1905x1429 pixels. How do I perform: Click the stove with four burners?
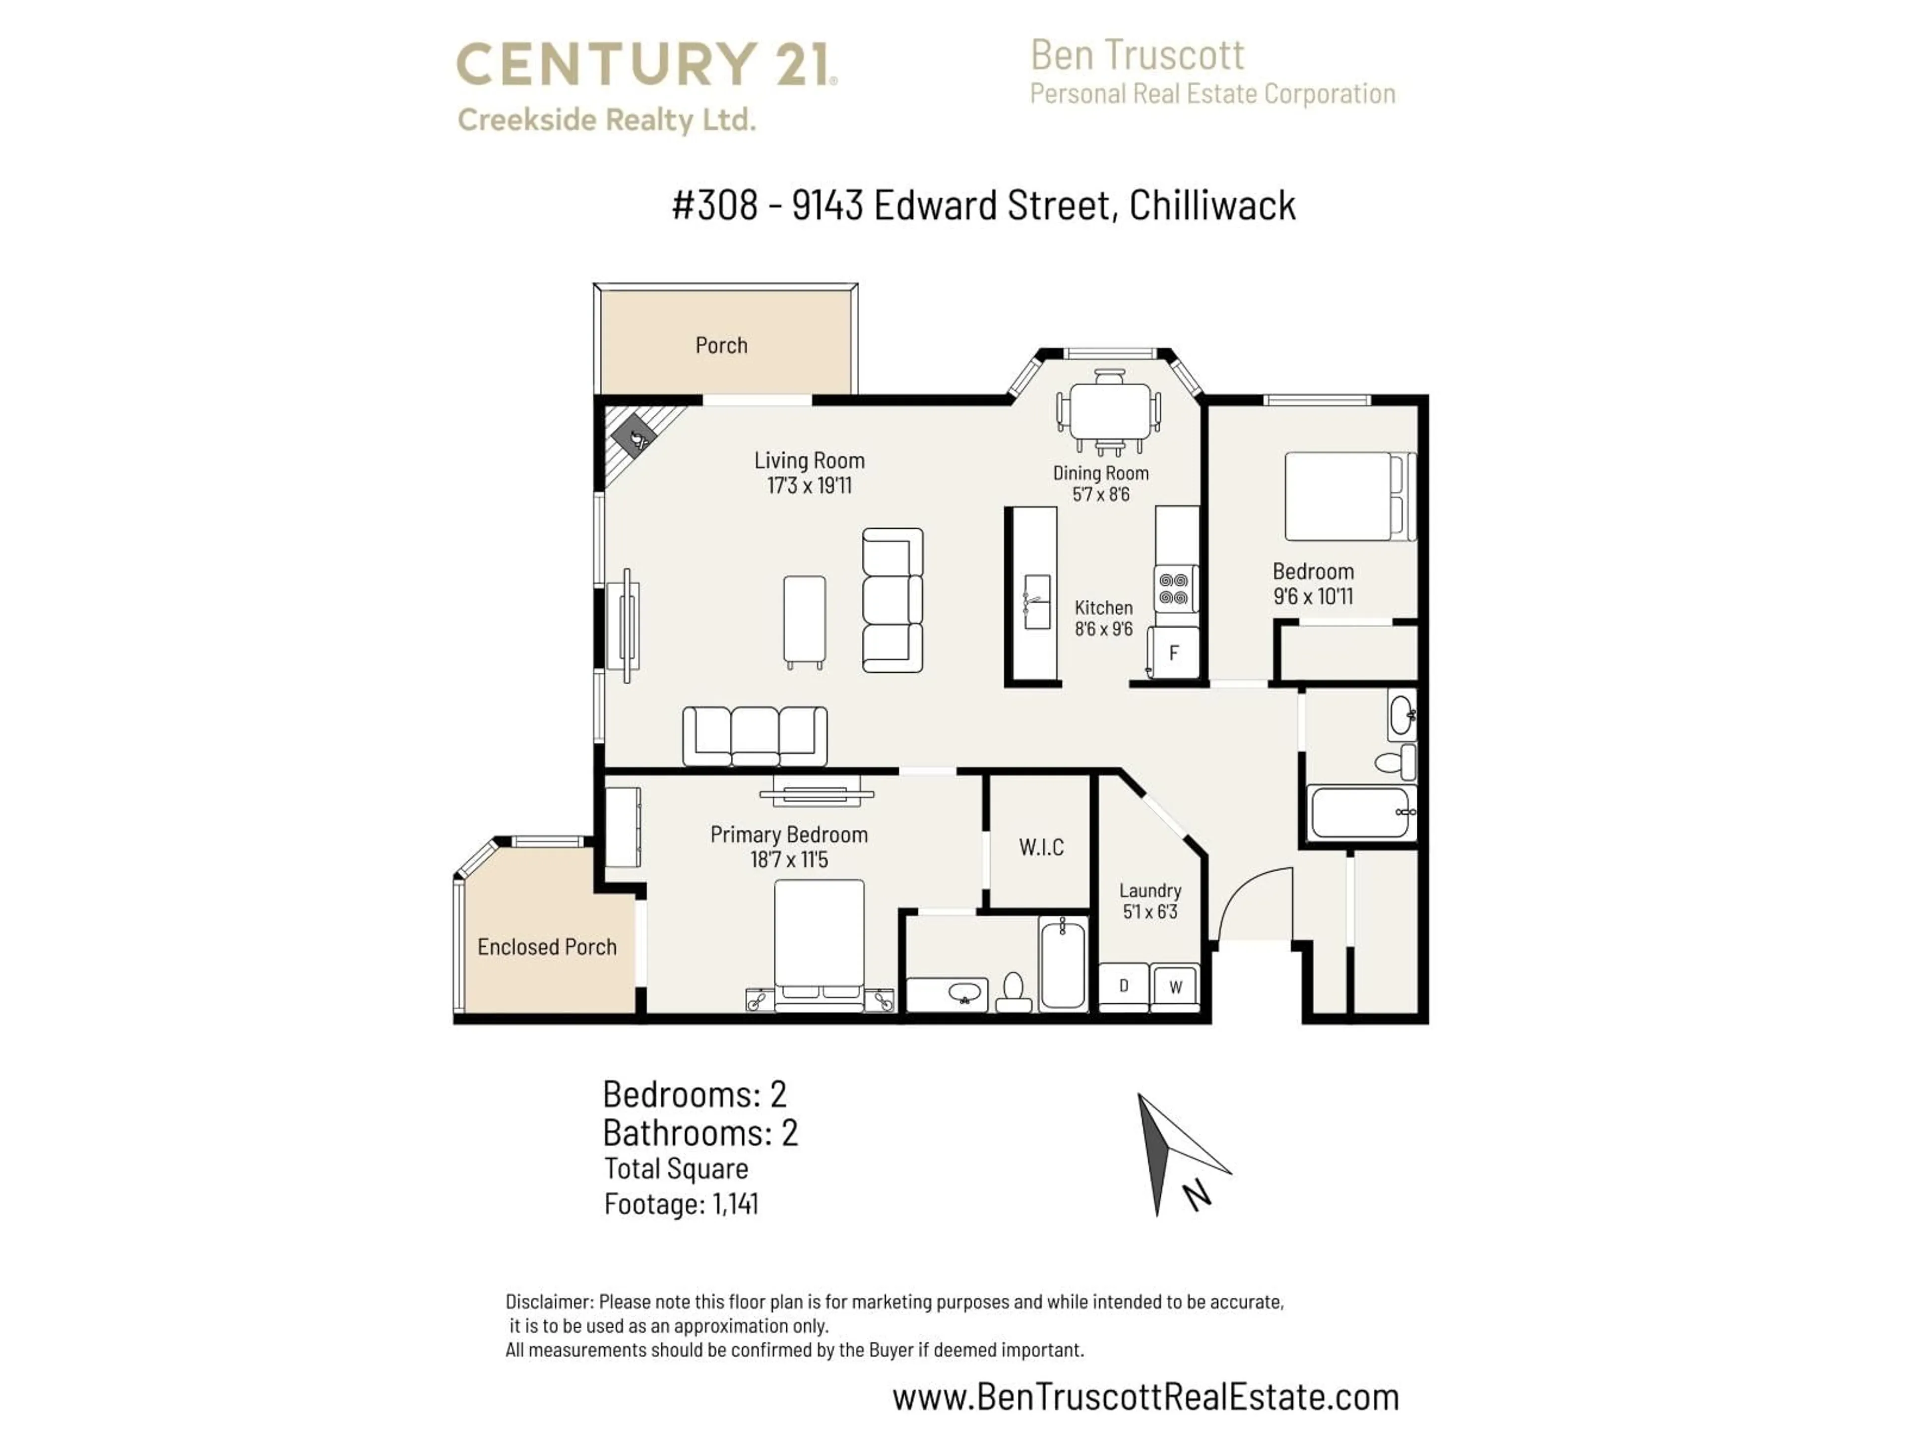coord(1175,589)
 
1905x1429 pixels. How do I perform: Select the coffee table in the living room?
coord(804,619)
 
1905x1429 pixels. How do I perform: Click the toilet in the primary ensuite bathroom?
coord(1014,993)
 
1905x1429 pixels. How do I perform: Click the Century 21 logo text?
coord(646,65)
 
